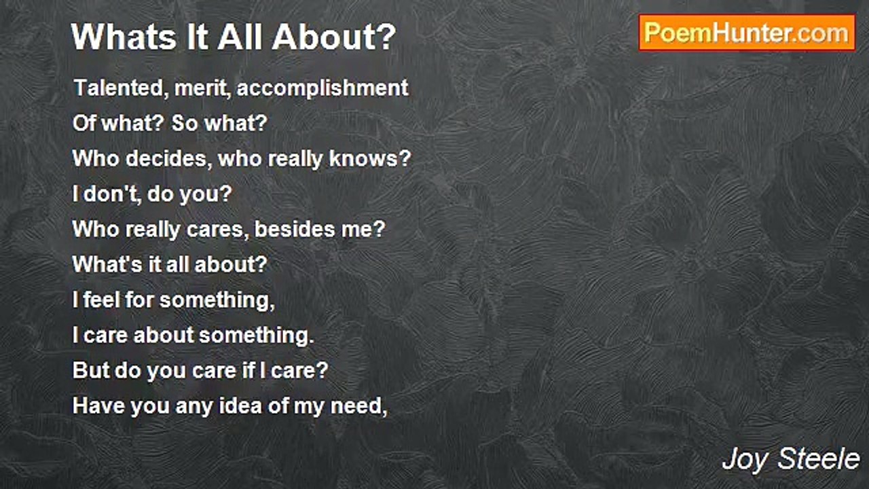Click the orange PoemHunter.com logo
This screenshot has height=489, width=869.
747,33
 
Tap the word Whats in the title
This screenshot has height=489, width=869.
124,37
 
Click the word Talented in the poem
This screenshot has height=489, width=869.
121,88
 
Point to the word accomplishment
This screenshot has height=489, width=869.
322,88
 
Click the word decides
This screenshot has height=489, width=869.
170,159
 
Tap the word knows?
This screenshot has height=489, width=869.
370,159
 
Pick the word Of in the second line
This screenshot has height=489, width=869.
84,124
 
